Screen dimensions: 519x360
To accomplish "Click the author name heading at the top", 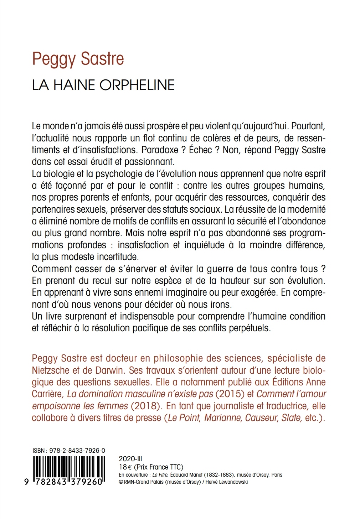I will (x=78, y=59).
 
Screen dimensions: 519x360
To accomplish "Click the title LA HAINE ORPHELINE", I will (x=103, y=85).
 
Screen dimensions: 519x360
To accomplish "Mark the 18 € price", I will (x=124, y=467).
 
